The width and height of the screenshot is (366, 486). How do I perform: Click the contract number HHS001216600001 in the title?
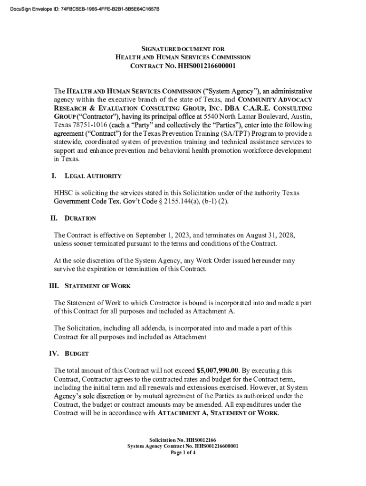[206, 65]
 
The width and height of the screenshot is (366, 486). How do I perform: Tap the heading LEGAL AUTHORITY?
[93, 176]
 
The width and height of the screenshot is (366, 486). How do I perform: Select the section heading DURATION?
[80, 219]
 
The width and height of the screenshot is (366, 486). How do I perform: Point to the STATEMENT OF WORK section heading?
[97, 286]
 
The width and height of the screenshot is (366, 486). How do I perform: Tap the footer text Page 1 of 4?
[183, 453]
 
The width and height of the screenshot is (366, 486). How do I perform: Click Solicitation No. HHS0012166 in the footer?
[183, 440]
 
